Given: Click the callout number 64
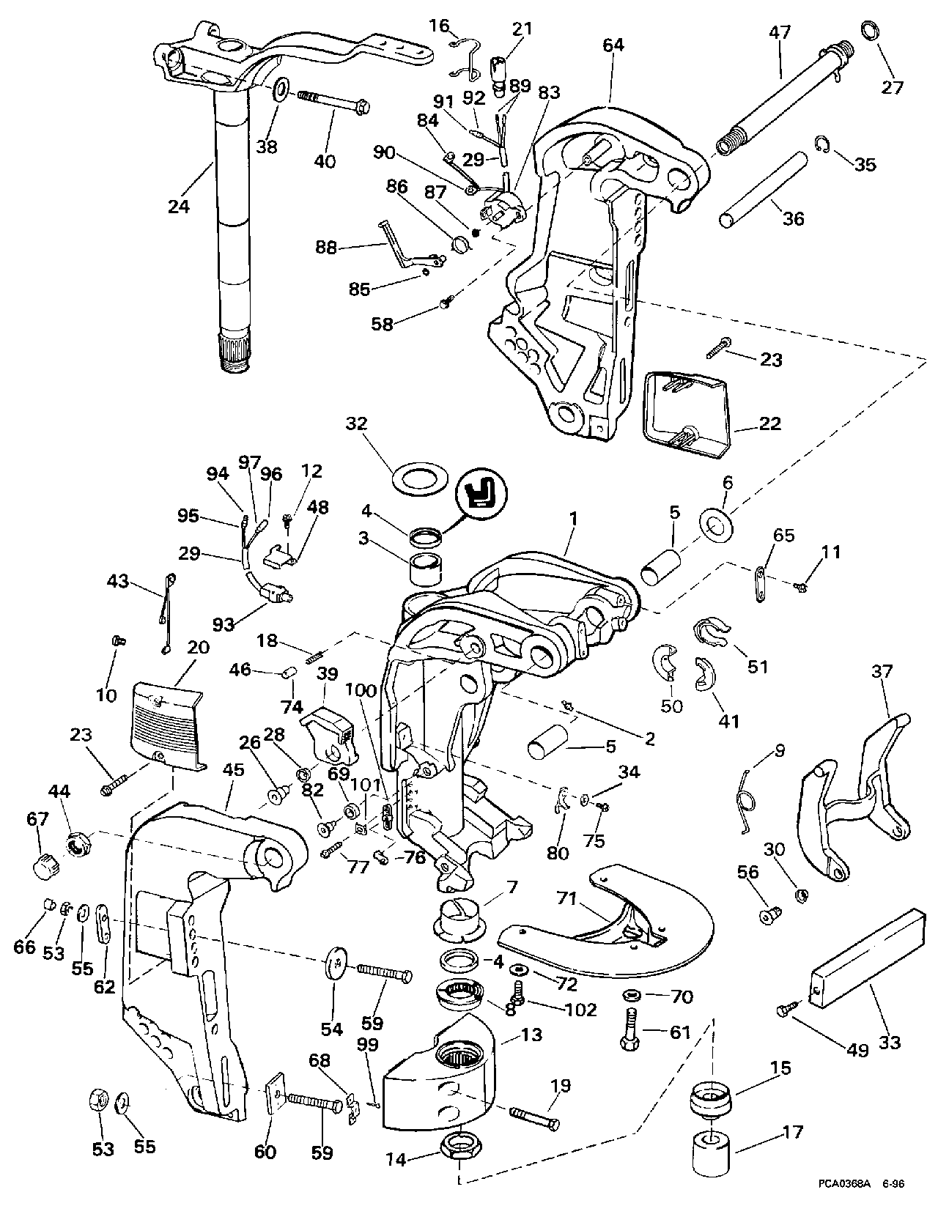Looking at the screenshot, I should (x=613, y=45).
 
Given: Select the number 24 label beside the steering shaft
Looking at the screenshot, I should (x=178, y=206).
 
